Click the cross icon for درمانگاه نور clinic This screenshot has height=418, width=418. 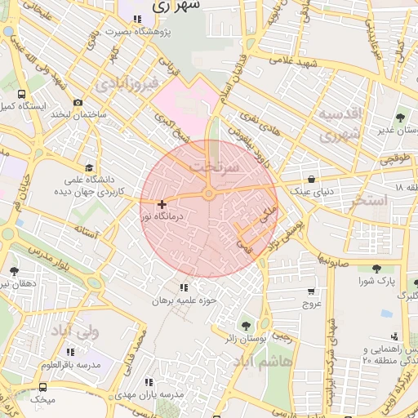coord(162,204)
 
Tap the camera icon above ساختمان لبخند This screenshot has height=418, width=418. coord(78,103)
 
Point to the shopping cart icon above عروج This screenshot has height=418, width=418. coord(311,291)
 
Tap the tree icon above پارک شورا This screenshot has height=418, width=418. coord(376,269)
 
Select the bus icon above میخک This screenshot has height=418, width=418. coord(42,387)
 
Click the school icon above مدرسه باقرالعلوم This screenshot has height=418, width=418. coord(70,352)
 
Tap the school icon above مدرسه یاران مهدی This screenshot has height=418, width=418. coord(148,381)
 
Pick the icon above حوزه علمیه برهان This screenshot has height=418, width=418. coord(182,287)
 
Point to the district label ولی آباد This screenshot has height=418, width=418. coord(74,331)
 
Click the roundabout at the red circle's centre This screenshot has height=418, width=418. coord(209,193)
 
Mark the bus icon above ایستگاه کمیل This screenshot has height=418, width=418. coord(21,94)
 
